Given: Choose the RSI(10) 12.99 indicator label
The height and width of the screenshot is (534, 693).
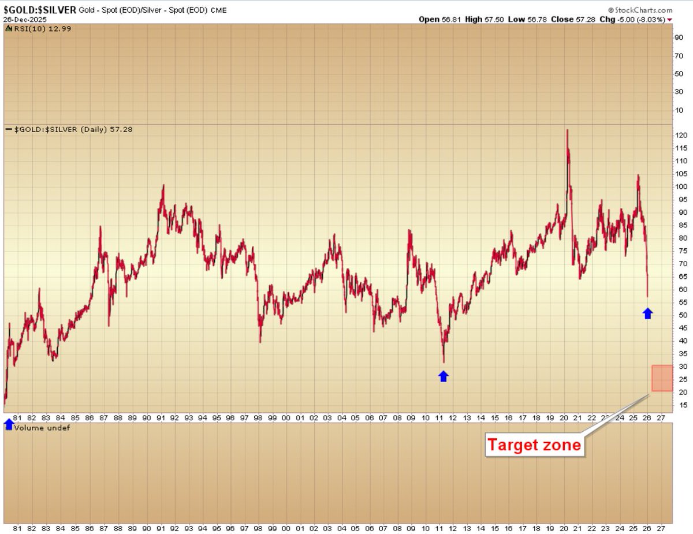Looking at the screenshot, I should click(35, 29).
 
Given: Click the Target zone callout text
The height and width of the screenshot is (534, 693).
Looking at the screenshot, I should click(534, 445).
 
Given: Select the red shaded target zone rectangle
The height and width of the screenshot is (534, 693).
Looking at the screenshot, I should click(662, 378).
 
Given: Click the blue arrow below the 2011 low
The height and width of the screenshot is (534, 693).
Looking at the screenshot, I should click(443, 376).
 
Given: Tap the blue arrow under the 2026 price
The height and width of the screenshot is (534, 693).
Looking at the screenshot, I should click(647, 313).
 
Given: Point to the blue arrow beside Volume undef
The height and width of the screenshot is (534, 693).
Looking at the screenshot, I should click(9, 425).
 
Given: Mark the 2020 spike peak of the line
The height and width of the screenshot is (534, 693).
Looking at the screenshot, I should click(567, 130).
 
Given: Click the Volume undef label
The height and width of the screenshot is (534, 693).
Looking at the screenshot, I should click(42, 428).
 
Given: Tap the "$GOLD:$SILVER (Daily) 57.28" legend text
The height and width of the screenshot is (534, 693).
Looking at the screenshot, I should click(73, 129).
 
